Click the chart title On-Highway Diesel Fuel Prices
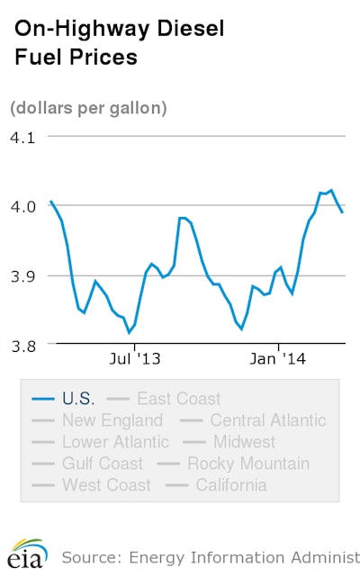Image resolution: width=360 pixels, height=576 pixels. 117,43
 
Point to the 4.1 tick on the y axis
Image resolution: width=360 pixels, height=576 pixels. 22,138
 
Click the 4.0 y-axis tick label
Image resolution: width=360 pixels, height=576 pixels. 22,206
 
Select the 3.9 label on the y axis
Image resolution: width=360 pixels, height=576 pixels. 22,275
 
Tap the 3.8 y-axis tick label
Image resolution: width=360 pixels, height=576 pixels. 22,345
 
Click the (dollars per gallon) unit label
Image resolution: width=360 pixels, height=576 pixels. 88,108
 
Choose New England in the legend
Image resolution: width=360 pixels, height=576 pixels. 112,420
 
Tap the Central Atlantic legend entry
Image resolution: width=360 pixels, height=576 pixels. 267,420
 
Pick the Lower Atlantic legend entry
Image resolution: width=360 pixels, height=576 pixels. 114,442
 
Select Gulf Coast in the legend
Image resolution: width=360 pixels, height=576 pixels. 102,463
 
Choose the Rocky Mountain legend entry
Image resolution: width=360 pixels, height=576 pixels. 247,463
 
